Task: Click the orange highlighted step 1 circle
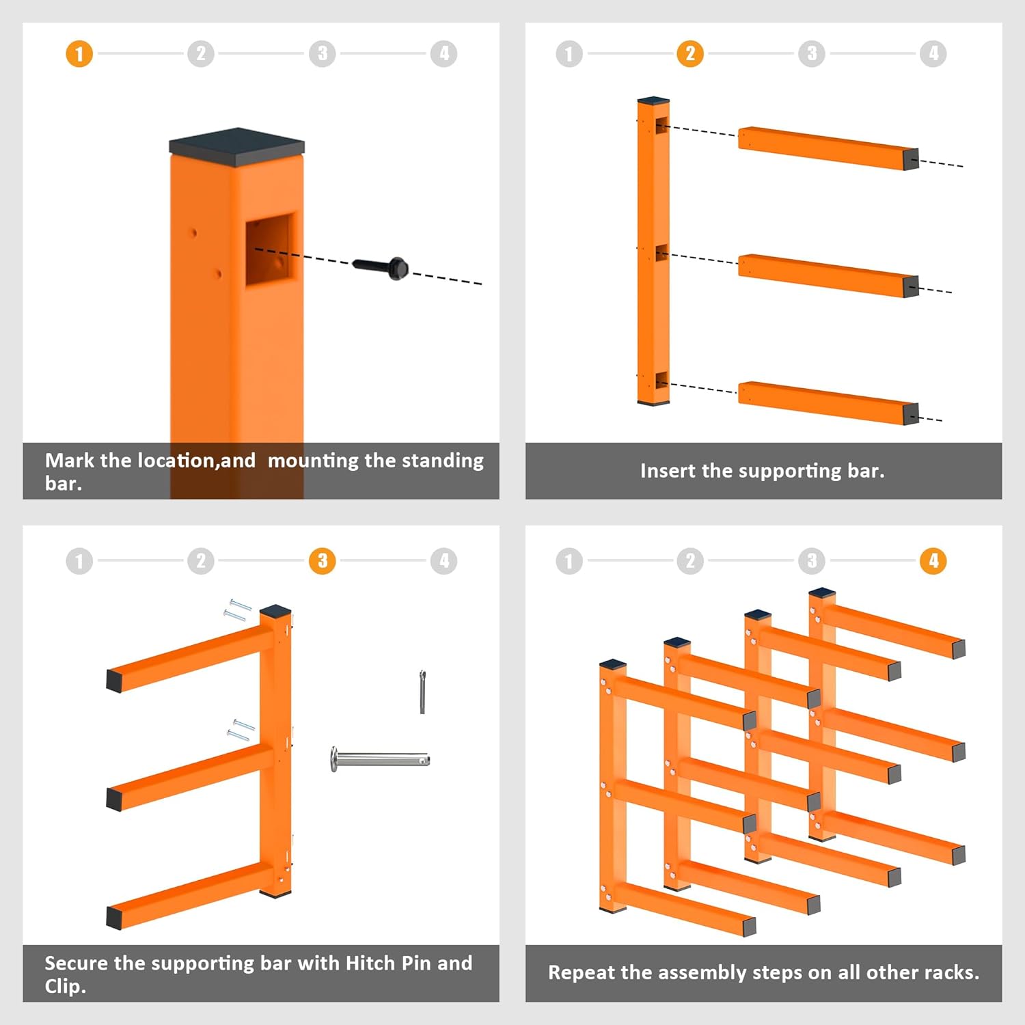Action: click(x=79, y=54)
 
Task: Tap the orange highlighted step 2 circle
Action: click(x=690, y=54)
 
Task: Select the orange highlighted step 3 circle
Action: click(x=323, y=561)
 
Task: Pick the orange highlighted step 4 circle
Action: click(x=933, y=561)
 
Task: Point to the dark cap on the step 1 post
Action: click(x=237, y=147)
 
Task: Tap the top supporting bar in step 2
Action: click(x=828, y=148)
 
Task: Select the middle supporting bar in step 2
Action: click(x=828, y=275)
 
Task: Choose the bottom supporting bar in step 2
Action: click(x=828, y=402)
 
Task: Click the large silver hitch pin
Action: click(x=380, y=759)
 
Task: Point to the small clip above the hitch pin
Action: click(x=422, y=692)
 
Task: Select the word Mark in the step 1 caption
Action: click(x=70, y=460)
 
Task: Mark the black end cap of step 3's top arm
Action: click(x=114, y=681)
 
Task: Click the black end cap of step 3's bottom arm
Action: click(x=114, y=917)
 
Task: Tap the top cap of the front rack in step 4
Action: click(x=613, y=664)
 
